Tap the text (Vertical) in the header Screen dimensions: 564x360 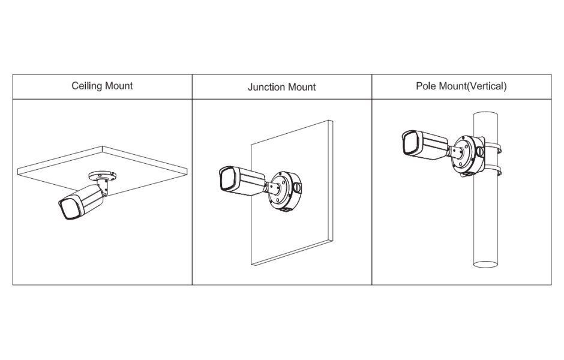487,86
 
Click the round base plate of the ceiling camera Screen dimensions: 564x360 103,176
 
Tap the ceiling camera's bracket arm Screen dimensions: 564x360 103,186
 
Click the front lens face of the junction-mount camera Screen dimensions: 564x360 227,179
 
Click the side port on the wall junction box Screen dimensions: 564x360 297,187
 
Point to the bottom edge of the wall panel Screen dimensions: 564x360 292,253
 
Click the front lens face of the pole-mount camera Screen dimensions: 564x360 410,142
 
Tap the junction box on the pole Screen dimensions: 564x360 468,155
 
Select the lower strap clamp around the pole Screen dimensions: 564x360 493,170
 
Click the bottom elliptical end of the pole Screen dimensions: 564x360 485,265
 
